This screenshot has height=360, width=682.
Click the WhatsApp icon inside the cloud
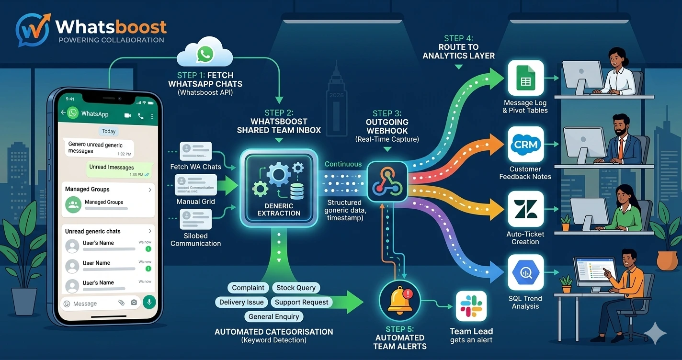[205, 54]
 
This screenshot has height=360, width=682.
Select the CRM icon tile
[525, 144]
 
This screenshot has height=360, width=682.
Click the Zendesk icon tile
[525, 209]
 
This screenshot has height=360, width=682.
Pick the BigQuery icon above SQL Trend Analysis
[525, 273]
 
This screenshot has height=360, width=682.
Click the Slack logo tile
[471, 306]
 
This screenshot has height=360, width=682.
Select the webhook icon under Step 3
[387, 181]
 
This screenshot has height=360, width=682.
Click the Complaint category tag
[248, 288]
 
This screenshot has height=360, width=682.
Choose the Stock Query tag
[296, 288]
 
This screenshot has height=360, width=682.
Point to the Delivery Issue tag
[241, 302]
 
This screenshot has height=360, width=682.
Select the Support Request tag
[301, 302]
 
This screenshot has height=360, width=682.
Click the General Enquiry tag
[273, 316]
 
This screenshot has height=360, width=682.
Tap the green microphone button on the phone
[149, 303]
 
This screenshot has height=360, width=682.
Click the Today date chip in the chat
[109, 131]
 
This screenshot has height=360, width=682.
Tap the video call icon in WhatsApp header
[128, 115]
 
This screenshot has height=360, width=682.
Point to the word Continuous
[343, 164]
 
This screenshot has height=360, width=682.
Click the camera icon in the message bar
[134, 303]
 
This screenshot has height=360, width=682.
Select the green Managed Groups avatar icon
[73, 204]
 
